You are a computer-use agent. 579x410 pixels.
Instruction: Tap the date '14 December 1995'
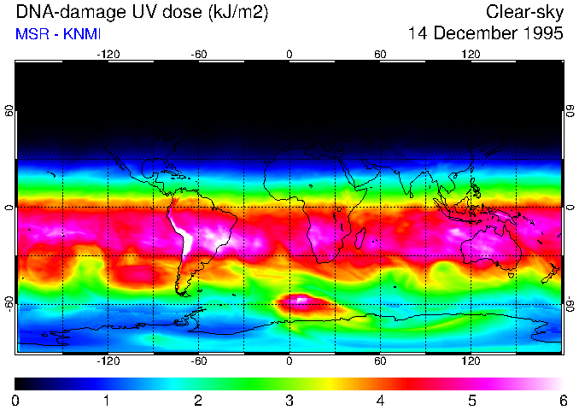[486, 34]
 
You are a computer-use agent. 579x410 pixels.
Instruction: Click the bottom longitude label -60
[199, 360]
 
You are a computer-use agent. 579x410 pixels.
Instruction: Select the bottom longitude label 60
[381, 360]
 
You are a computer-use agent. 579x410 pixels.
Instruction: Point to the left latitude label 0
[9, 208]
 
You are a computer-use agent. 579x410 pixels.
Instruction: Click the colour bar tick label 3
[289, 400]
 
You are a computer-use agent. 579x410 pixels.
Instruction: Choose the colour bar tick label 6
[563, 400]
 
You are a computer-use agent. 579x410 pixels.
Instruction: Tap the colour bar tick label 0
[16, 400]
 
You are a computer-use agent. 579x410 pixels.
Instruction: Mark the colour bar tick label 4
[381, 400]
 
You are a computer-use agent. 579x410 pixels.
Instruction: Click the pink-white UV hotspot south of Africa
[301, 300]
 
